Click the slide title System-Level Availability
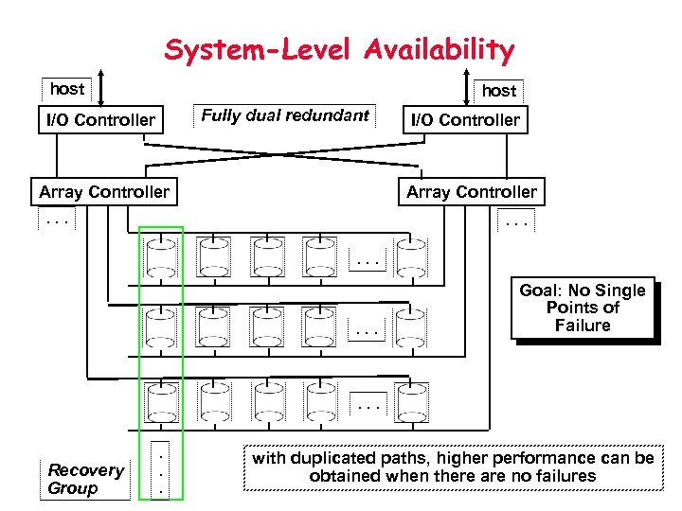click(x=339, y=48)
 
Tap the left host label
click(x=67, y=89)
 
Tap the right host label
click(x=499, y=91)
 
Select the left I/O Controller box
click(x=100, y=119)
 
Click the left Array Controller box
click(x=104, y=192)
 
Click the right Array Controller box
click(x=471, y=192)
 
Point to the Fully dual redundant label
click(x=285, y=115)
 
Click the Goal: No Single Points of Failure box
click(x=582, y=308)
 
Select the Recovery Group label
click(x=85, y=479)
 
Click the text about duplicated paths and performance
click(x=452, y=467)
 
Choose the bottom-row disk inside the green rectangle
click(x=160, y=401)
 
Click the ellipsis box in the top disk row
click(x=368, y=258)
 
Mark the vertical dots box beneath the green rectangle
click(x=161, y=470)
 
